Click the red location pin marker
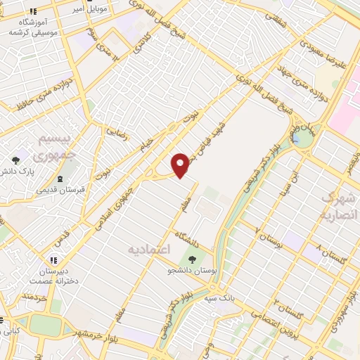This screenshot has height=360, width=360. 181,165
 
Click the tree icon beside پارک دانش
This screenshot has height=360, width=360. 15,161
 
